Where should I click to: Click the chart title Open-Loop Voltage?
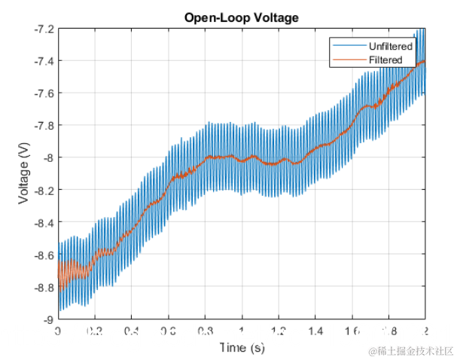[242, 17]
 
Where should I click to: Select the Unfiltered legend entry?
[391, 47]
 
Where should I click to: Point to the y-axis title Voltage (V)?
[25, 174]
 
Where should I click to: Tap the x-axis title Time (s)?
[242, 347]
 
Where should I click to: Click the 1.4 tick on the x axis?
[315, 331]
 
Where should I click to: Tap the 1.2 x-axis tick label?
[279, 331]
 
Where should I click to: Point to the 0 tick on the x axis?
[58, 331]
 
